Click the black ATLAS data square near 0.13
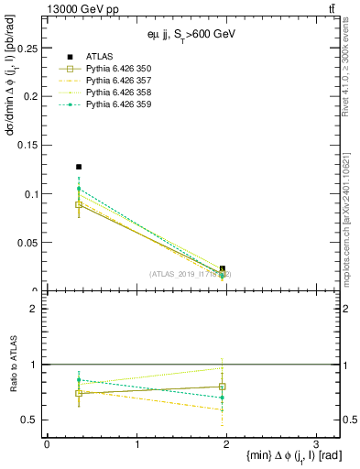[x=79, y=167]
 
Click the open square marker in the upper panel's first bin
[x=79, y=205]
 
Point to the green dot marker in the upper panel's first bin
[x=79, y=189]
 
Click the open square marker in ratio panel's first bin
[x=79, y=393]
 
